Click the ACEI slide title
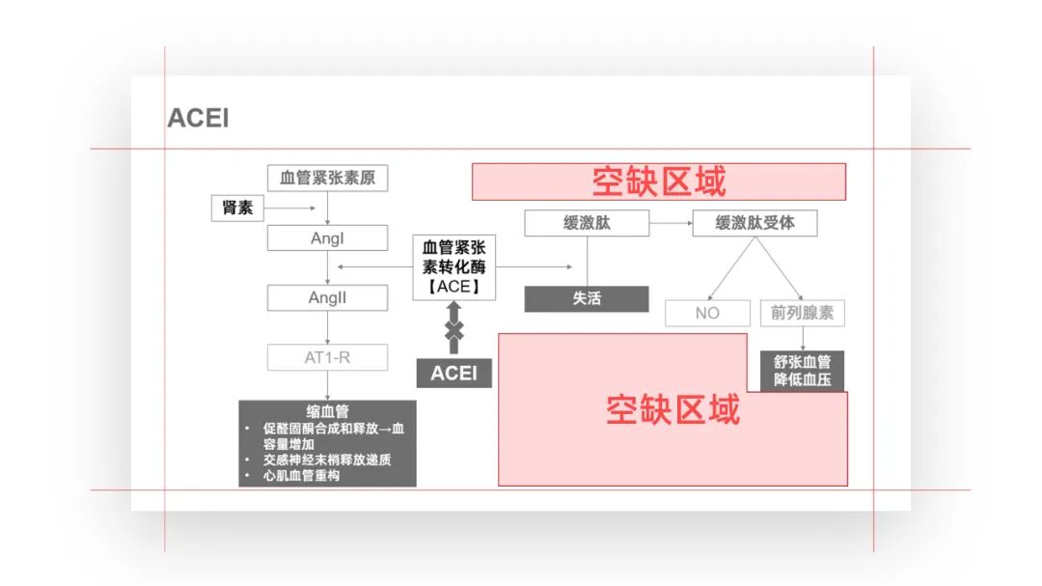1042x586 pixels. pos(198,119)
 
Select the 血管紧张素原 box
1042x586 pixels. pos(327,179)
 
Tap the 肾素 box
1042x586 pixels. pos(238,208)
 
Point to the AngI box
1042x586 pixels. pos(327,237)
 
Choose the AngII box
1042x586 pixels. pos(327,297)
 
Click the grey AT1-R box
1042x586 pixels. pos(327,357)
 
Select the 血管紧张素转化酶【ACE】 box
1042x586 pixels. pos(453,267)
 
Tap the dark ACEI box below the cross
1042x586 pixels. pos(453,373)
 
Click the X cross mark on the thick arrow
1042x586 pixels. pos(453,330)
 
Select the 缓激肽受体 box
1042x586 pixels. pos(754,223)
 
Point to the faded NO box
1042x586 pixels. pos(707,313)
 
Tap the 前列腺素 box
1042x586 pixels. pos(802,313)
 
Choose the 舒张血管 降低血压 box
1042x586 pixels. pos(802,371)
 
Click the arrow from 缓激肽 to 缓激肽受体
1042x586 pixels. pos(671,223)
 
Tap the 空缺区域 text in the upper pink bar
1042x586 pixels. pos(658,181)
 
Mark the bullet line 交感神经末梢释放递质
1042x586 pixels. pos(327,460)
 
